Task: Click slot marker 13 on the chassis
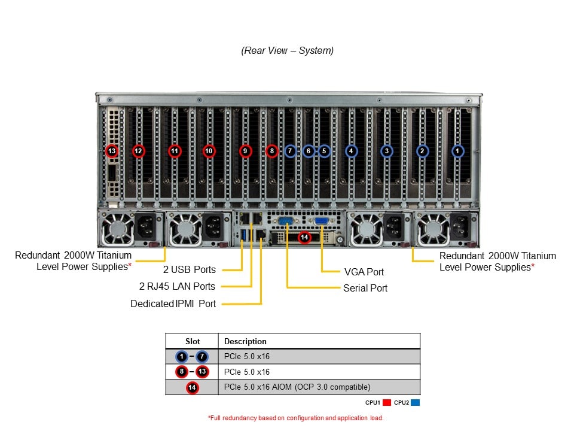pyautogui.click(x=112, y=151)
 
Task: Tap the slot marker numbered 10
pyautogui.click(x=209, y=151)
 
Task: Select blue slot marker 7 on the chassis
pyautogui.click(x=290, y=151)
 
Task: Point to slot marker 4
pyautogui.click(x=351, y=151)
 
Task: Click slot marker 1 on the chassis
pyautogui.click(x=457, y=151)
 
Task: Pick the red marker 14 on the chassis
pyautogui.click(x=304, y=237)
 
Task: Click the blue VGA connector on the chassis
pyautogui.click(x=321, y=221)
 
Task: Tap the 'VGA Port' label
pyautogui.click(x=364, y=272)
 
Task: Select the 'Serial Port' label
pyautogui.click(x=365, y=288)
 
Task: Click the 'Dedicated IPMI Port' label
pyautogui.click(x=173, y=303)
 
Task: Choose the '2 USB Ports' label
pyautogui.click(x=189, y=269)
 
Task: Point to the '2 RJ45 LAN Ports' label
pyautogui.click(x=177, y=286)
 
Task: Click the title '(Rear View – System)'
pyautogui.click(x=288, y=51)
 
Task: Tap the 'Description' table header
pyautogui.click(x=245, y=341)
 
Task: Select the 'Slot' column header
pyautogui.click(x=193, y=341)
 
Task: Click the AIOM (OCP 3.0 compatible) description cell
pyautogui.click(x=297, y=387)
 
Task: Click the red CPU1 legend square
pyautogui.click(x=387, y=403)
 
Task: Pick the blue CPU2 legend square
pyautogui.click(x=416, y=403)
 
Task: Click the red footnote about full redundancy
pyautogui.click(x=295, y=418)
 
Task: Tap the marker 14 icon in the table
pyautogui.click(x=193, y=387)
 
